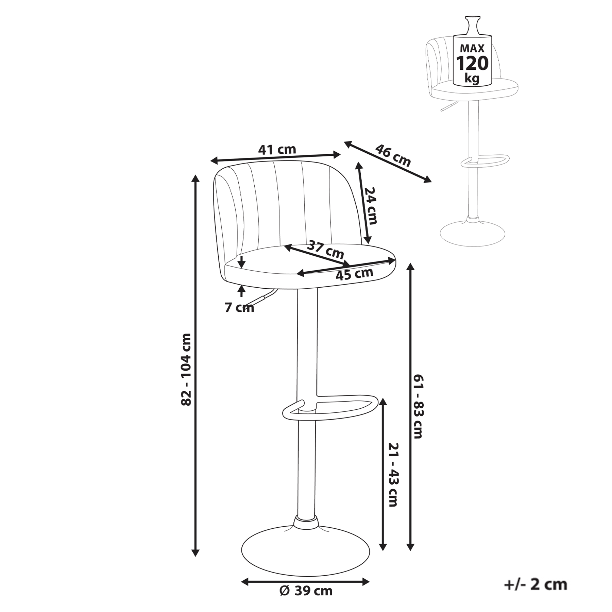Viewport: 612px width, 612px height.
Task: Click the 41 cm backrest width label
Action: click(x=277, y=150)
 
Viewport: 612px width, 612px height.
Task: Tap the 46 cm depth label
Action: click(x=393, y=155)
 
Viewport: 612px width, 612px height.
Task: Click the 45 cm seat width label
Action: click(x=354, y=274)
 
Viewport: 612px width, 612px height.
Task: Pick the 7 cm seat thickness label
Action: click(x=239, y=308)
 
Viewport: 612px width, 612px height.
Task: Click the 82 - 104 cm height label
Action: click(x=186, y=370)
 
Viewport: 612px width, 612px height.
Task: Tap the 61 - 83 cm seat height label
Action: click(x=418, y=406)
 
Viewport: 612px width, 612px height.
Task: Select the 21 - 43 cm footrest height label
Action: click(x=393, y=475)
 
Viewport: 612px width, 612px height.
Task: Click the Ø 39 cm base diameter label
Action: click(x=306, y=591)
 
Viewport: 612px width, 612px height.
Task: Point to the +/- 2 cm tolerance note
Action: click(x=536, y=584)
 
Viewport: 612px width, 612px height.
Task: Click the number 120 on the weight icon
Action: click(x=472, y=63)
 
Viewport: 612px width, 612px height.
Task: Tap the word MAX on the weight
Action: click(x=472, y=48)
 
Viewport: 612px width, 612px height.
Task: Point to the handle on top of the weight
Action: click(x=472, y=25)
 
